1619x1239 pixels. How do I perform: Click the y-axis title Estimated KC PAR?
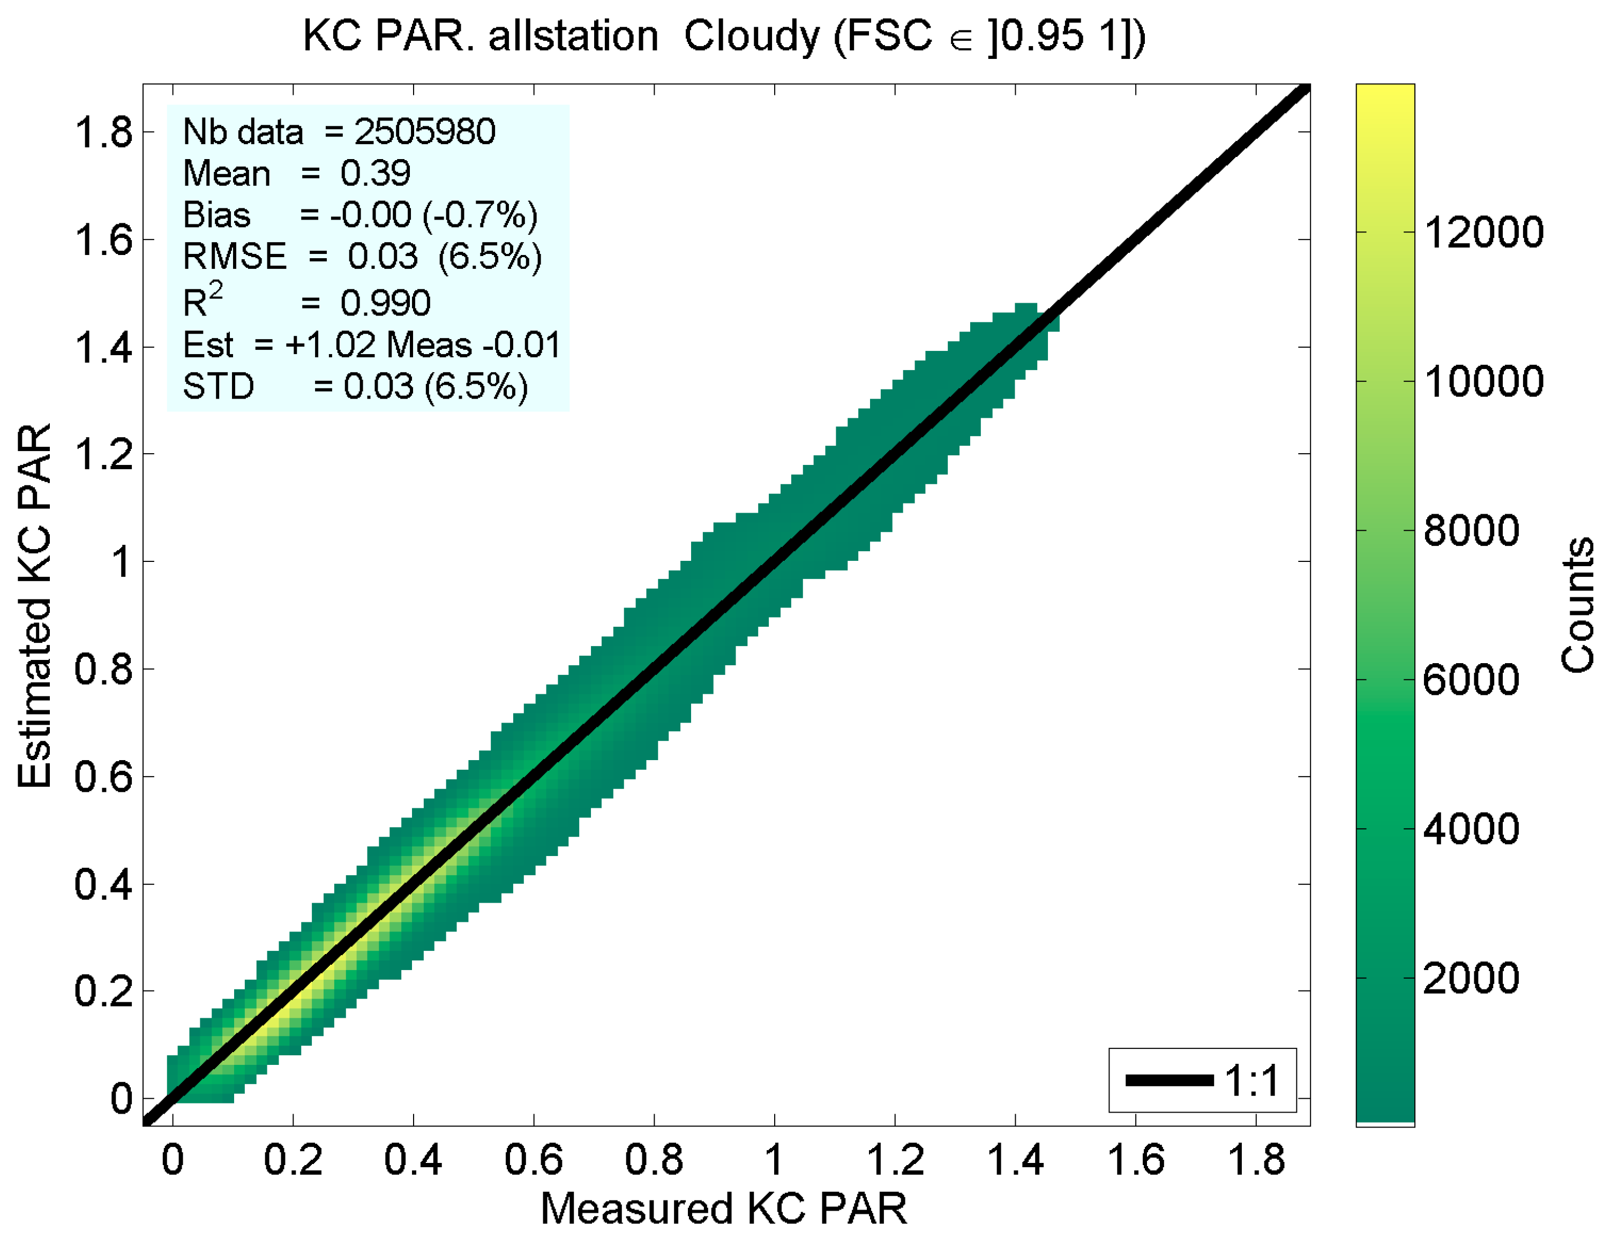point(35,606)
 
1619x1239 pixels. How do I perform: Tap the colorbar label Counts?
point(1578,605)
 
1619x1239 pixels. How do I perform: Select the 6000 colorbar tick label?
point(1471,680)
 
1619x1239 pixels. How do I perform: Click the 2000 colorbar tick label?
point(1471,979)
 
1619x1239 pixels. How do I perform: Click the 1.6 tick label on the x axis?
point(1135,1160)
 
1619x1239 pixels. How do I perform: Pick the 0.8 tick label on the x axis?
point(654,1160)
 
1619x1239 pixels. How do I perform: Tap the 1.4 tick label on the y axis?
point(103,347)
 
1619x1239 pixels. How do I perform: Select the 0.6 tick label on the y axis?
point(103,777)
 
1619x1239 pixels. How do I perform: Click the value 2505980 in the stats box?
point(425,132)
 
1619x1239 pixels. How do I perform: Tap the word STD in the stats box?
point(219,386)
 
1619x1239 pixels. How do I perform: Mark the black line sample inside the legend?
point(1169,1081)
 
